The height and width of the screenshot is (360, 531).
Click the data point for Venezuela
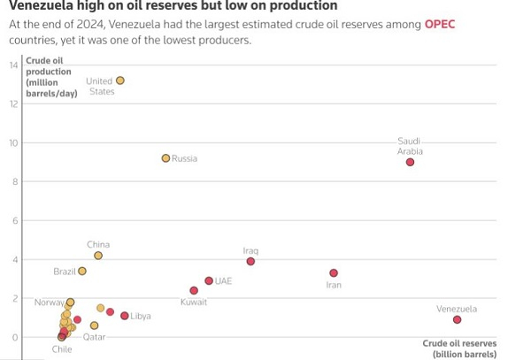(457, 319)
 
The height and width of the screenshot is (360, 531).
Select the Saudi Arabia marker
(410, 162)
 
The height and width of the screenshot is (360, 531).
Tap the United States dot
(120, 80)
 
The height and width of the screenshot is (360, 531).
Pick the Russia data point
(165, 158)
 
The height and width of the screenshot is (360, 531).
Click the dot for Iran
(334, 273)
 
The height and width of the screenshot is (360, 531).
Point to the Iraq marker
(250, 261)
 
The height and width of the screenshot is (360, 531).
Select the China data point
(98, 256)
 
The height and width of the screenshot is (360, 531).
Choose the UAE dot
(209, 280)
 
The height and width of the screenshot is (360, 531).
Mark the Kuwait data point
(194, 290)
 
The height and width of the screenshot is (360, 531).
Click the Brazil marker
(82, 272)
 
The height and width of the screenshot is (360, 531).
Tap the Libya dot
(124, 316)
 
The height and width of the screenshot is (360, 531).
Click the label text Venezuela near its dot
(457, 309)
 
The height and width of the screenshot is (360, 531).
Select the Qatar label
(95, 337)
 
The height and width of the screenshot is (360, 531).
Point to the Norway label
(49, 303)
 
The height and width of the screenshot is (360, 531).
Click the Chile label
(62, 349)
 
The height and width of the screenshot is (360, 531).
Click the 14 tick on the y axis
(13, 65)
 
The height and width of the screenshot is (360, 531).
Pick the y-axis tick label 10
(13, 143)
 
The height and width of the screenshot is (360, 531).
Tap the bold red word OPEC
(439, 24)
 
